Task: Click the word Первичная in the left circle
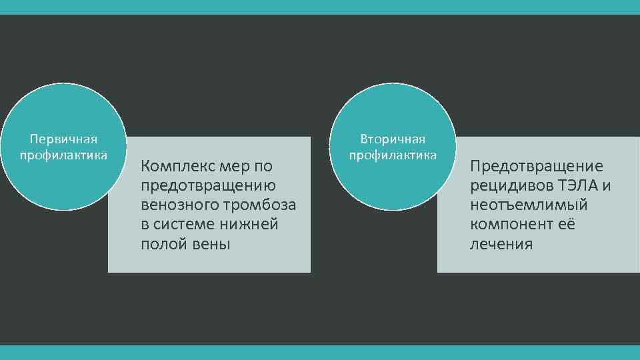[64, 139]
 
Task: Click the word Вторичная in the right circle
[393, 139]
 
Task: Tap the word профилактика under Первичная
[64, 155]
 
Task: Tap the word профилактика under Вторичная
[393, 155]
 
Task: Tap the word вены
[209, 244]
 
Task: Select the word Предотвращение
[536, 165]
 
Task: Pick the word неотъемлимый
[529, 205]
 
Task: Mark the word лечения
[501, 244]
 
